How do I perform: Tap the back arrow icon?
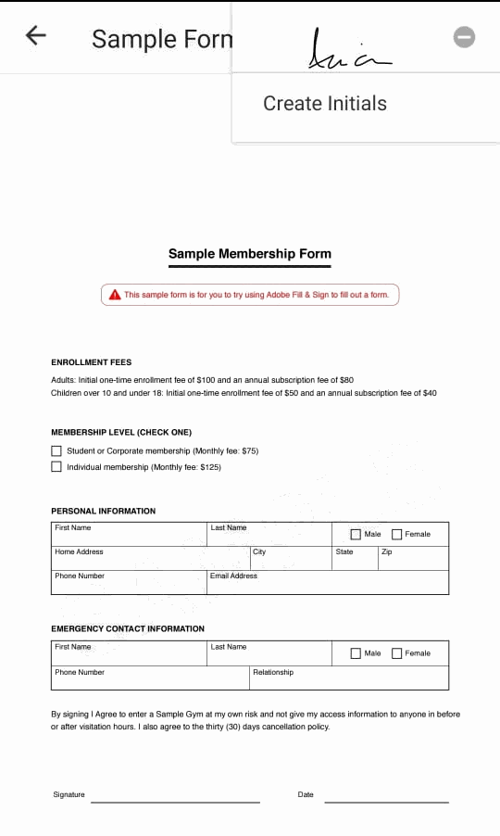[x=35, y=36]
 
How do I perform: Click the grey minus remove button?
[x=465, y=37]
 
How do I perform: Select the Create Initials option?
[x=325, y=104]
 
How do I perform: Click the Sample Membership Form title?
[x=249, y=254]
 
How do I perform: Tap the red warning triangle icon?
[x=115, y=295]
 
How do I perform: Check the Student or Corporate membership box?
[x=56, y=451]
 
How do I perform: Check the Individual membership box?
[x=56, y=467]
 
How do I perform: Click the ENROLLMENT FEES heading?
[x=92, y=362]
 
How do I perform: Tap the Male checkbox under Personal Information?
[x=356, y=534]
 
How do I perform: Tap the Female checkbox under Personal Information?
[x=397, y=534]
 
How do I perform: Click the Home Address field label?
[x=79, y=551]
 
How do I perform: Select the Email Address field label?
[x=233, y=576]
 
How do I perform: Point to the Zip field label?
[x=386, y=551]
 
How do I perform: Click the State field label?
[x=344, y=551]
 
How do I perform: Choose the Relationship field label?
[x=273, y=672]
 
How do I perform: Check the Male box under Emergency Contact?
[x=356, y=653]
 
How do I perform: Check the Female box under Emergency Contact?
[x=397, y=653]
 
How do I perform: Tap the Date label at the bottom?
[x=306, y=794]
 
